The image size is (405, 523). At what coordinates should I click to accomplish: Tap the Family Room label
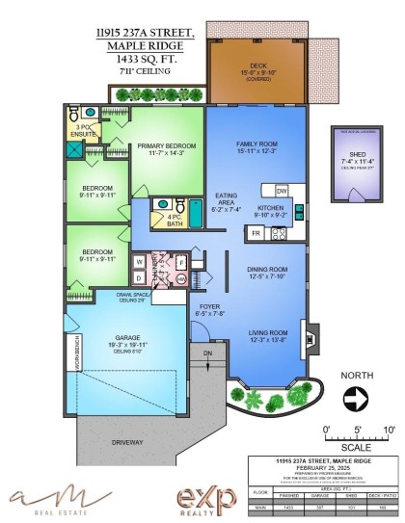[256, 147]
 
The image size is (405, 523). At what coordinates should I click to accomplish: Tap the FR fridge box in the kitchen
[257, 233]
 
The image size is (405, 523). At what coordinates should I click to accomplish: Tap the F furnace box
[180, 260]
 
